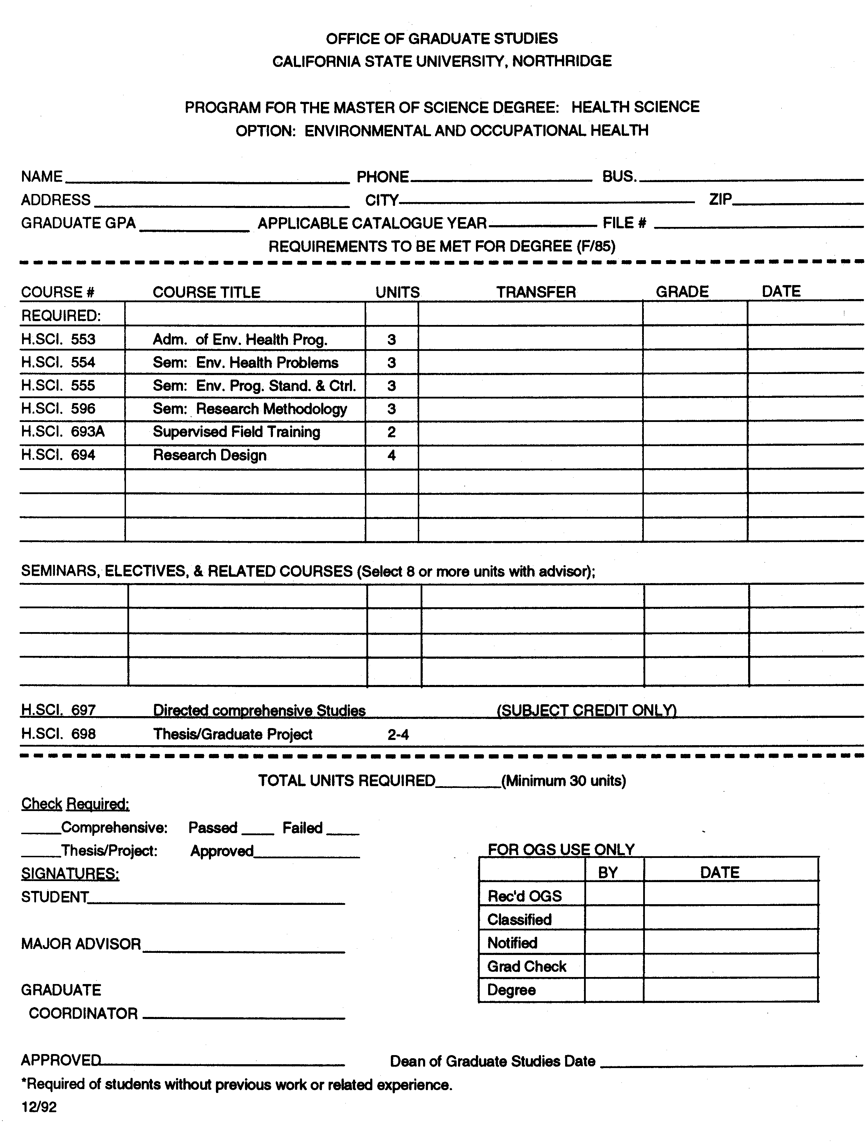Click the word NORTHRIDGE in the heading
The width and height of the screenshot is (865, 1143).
pos(562,62)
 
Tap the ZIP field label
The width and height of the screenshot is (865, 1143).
pos(720,200)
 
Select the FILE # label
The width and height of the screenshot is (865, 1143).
pos(624,223)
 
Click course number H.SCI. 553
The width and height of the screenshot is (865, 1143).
pos(58,339)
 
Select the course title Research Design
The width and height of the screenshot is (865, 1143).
pos(210,455)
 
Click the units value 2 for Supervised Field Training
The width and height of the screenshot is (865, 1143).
pos(392,432)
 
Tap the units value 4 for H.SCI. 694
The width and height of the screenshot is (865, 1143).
pos(392,455)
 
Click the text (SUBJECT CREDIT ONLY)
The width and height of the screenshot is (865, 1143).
pos(586,711)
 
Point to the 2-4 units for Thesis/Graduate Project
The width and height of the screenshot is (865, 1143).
pos(398,734)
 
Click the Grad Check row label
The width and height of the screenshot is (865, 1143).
pos(527,966)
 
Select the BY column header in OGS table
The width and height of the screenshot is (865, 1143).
pos(608,873)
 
